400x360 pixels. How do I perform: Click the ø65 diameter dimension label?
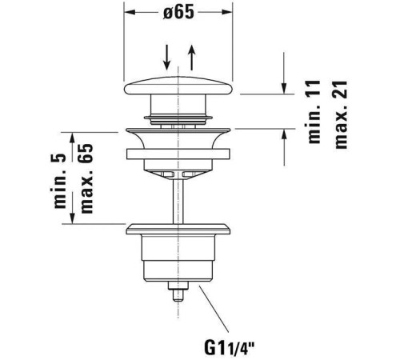pos(178,12)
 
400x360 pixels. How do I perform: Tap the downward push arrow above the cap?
pos(167,57)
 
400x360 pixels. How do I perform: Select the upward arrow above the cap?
pos(191,58)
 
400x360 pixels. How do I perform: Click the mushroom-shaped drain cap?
pos(178,86)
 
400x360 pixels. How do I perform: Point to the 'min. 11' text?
pos(314,112)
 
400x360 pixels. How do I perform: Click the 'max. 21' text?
pos(341,114)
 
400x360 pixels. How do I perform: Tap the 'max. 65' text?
pos(86,178)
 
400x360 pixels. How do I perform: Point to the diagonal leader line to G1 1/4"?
pos(214,309)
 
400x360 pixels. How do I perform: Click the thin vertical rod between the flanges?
pos(178,202)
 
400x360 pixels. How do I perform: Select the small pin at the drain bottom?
pos(178,291)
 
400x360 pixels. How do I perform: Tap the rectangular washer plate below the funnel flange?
pos(178,154)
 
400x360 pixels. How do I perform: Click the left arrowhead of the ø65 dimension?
pos(130,12)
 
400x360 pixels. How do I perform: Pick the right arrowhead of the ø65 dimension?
pos(226,12)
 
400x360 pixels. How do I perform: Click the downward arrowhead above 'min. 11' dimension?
pos(284,89)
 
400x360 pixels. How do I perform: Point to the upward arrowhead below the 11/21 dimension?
pos(284,134)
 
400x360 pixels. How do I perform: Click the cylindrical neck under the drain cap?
pos(178,105)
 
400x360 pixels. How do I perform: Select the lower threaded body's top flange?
pos(178,229)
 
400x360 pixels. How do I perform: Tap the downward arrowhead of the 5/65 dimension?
pos(72,218)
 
